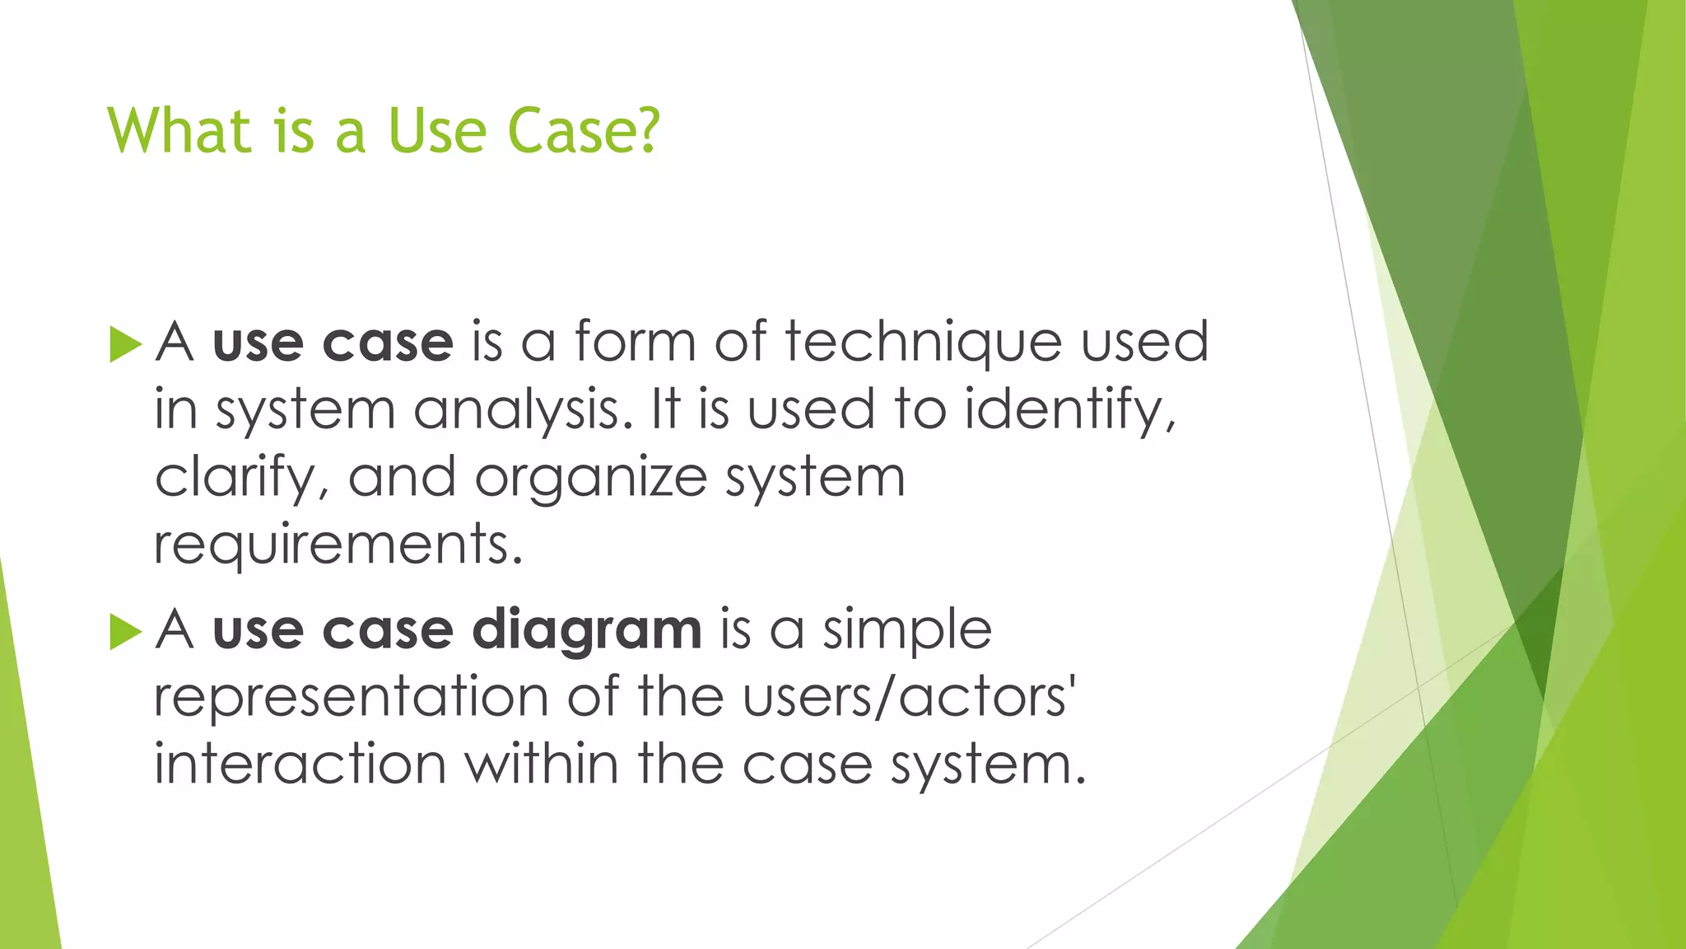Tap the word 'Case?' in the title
point(584,131)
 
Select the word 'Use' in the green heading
point(437,131)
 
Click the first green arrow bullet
point(125,344)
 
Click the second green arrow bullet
point(125,632)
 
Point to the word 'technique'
point(923,342)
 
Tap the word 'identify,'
point(1070,409)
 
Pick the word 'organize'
point(590,478)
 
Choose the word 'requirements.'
point(338,545)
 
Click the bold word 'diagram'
point(587,630)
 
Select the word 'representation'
point(351,697)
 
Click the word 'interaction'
point(300,764)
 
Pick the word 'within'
point(542,764)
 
